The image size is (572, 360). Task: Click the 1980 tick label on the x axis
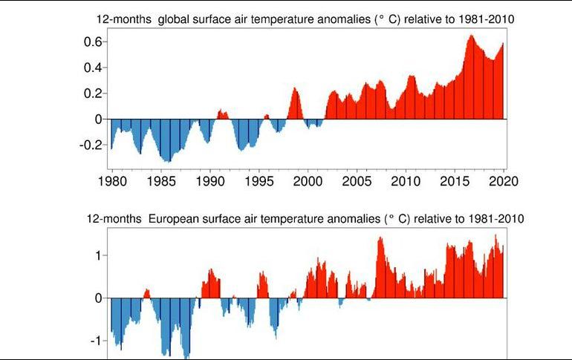(111, 182)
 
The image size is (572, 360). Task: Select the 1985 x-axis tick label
(160, 182)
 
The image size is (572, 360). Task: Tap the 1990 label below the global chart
(209, 182)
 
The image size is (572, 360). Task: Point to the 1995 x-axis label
(259, 182)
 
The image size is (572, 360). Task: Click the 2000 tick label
(308, 182)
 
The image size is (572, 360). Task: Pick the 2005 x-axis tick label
(357, 182)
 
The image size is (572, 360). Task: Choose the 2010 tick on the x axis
(406, 182)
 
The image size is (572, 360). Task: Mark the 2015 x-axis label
(455, 182)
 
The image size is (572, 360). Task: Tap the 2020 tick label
(504, 182)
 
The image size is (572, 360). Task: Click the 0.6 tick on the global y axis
(92, 42)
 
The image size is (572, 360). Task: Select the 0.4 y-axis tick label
(92, 68)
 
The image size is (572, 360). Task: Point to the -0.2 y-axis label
(90, 145)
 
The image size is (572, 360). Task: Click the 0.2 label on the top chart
(92, 94)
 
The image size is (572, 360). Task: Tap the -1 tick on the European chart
(94, 341)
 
